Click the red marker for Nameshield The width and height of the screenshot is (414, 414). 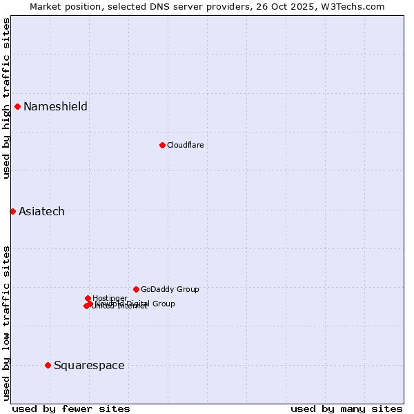pos(17,106)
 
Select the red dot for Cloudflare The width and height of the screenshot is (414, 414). pos(162,145)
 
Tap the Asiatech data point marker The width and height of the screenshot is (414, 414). pos(12,211)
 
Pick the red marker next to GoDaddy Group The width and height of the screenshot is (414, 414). pos(136,289)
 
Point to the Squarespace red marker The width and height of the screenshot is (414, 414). pos(48,365)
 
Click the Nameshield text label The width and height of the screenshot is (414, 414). pos(55,106)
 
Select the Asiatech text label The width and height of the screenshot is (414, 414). pos(41,211)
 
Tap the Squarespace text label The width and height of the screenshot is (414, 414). pos(89,365)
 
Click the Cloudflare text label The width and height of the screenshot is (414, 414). pos(185,145)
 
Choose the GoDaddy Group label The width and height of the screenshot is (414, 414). pos(170,289)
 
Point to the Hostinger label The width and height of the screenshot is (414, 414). pos(110,298)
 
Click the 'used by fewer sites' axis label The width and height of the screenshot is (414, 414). pos(71,408)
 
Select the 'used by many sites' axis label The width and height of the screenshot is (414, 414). pos(346,408)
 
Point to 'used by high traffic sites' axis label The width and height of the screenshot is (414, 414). pos(6,98)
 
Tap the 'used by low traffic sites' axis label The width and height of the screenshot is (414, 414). pos(6,322)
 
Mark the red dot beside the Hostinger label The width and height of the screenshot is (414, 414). pos(88,298)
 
